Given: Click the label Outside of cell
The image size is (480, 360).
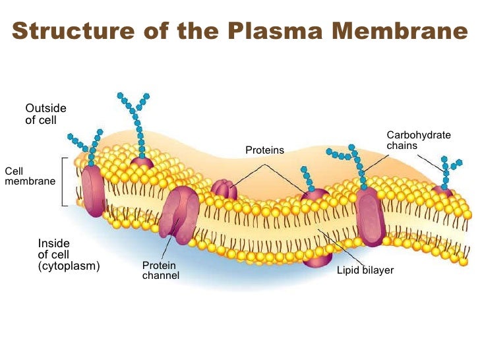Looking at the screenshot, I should [45, 114].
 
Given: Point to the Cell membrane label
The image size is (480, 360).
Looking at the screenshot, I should [30, 176].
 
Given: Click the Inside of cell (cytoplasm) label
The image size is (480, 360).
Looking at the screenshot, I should [69, 255].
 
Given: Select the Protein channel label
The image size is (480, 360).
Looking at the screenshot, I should [160, 270].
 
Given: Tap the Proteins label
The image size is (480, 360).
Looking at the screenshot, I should [264, 150].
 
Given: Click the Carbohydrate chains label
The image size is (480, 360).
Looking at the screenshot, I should [418, 140].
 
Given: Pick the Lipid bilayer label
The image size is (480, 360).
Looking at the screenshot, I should [365, 270].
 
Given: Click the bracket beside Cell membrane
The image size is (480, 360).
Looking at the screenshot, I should [63, 182].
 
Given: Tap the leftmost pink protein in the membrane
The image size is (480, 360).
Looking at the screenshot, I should [93, 191].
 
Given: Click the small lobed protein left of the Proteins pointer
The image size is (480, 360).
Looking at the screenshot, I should [224, 190].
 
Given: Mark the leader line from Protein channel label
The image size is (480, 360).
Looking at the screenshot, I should [166, 247].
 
